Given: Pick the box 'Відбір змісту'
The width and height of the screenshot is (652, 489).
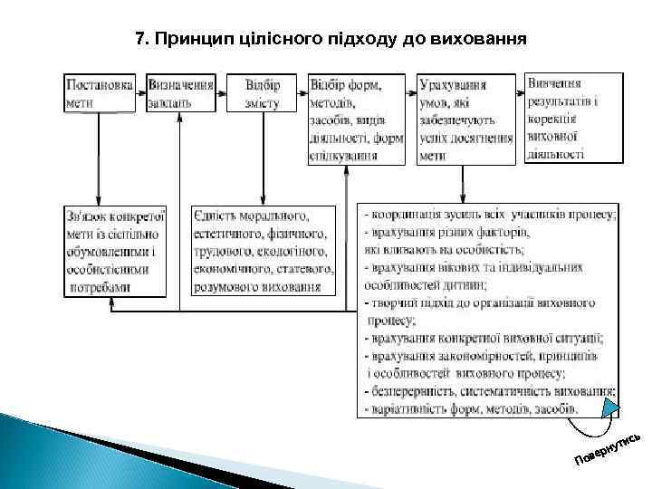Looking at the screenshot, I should [x=263, y=92].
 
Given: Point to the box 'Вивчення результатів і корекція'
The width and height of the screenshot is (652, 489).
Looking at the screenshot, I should [x=574, y=117].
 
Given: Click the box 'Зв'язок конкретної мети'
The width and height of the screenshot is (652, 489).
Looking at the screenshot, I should [x=115, y=251].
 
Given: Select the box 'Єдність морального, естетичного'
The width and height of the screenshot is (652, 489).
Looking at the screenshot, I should [x=264, y=251].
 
